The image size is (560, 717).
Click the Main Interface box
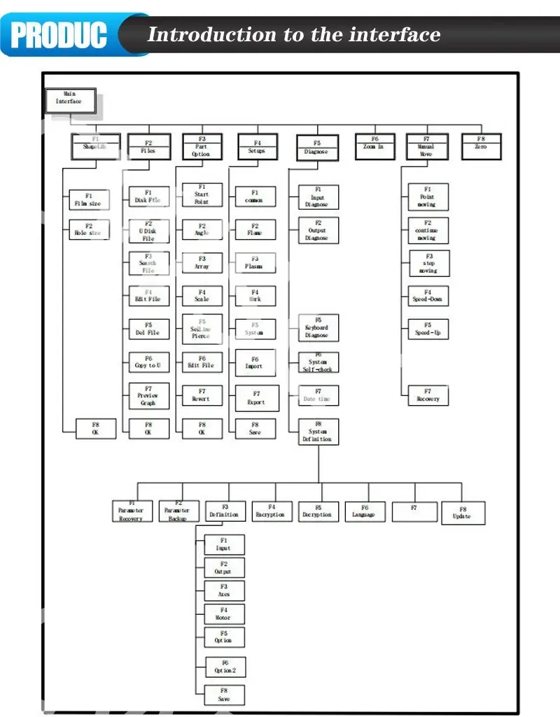tap(69, 99)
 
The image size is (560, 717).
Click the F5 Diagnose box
tap(316, 147)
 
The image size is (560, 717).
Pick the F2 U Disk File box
tap(148, 232)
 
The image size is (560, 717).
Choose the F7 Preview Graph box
tap(148, 396)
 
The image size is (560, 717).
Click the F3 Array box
tap(202, 263)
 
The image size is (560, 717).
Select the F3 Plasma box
tap(255, 263)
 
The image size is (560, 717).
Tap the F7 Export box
tap(256, 398)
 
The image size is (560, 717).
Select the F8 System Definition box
tap(318, 432)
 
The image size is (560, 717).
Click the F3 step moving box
tap(428, 263)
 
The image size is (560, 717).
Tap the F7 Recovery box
tap(428, 395)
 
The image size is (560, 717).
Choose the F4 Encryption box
tap(271, 511)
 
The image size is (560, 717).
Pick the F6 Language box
tap(364, 511)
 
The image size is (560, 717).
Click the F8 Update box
tap(462, 513)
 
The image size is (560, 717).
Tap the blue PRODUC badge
tap(59, 34)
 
